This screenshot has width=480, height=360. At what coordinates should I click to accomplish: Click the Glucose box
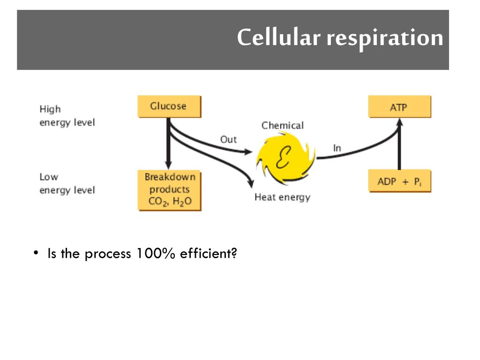click(169, 106)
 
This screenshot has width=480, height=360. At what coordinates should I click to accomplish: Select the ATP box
click(399, 107)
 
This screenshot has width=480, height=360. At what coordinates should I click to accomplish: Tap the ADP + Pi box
click(399, 182)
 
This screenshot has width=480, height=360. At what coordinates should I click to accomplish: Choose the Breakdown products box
click(169, 190)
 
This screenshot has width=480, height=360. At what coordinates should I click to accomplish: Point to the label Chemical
click(282, 126)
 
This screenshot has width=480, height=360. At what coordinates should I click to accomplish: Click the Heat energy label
click(282, 197)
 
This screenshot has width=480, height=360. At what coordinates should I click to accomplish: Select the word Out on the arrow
click(228, 140)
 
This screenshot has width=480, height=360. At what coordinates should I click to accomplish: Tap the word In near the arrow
click(337, 148)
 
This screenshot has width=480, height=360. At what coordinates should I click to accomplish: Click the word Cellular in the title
click(278, 37)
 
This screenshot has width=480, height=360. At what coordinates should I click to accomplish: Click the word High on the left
click(50, 109)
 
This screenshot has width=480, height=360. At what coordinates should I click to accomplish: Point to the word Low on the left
click(49, 177)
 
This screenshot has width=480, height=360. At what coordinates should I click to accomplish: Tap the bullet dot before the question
click(36, 254)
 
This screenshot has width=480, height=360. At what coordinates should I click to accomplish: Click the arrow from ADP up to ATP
click(399, 145)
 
